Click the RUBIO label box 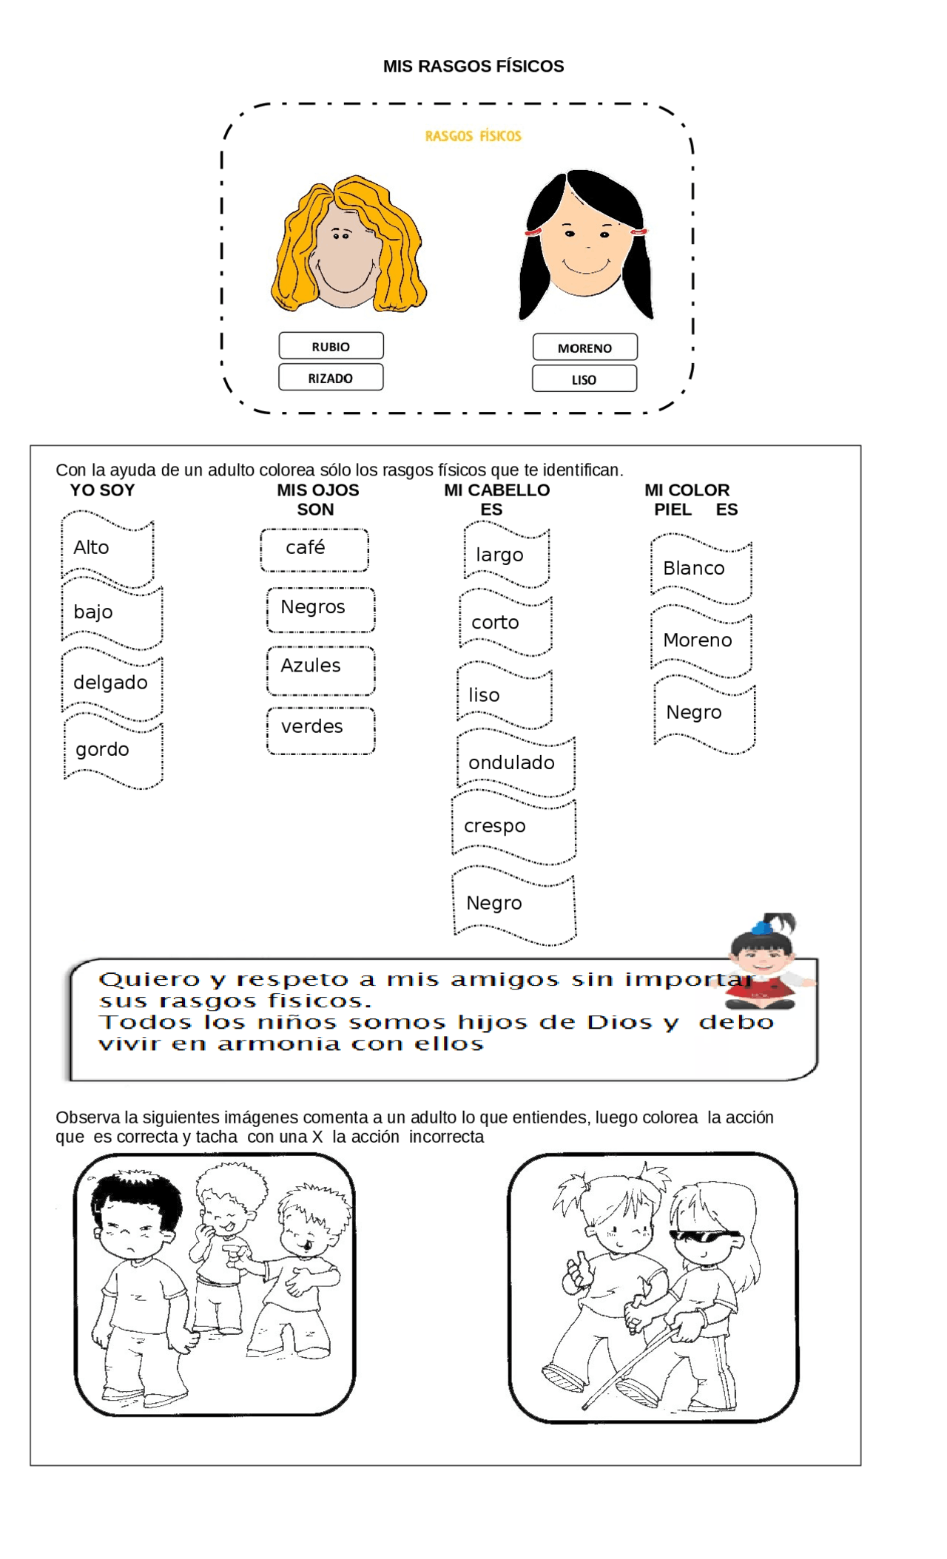coord(331,346)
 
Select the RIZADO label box coord(331,377)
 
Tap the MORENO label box coord(584,348)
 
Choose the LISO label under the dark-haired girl coord(584,379)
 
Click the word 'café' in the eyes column coord(306,548)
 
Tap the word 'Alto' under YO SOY coord(92,548)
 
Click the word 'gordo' coord(103,750)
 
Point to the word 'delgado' coord(111,683)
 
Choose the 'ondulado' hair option coord(512,763)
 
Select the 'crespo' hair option coord(495,826)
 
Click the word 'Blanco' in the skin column coord(694,569)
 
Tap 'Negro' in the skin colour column coord(694,713)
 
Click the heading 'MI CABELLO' coord(496,490)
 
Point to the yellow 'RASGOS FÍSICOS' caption coord(473,136)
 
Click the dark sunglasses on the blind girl coord(704,1236)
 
